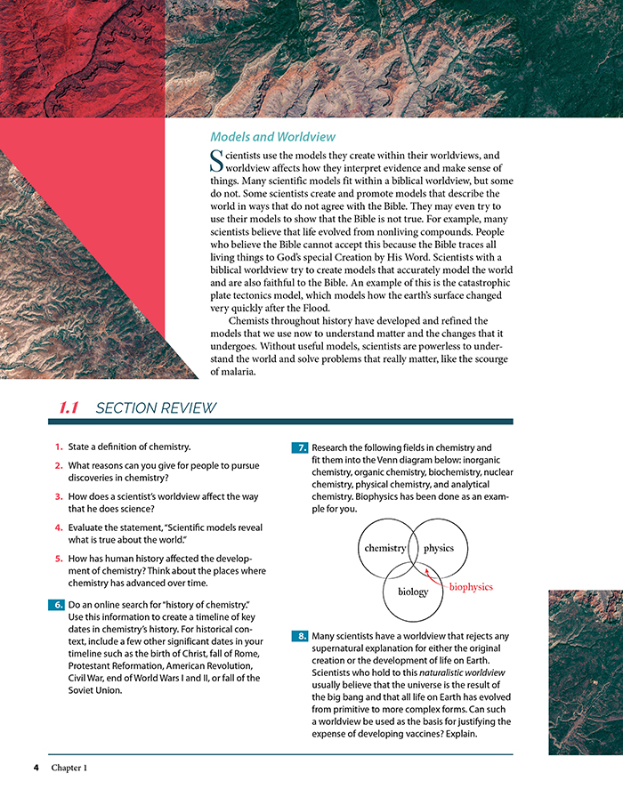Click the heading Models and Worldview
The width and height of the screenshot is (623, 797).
(x=272, y=137)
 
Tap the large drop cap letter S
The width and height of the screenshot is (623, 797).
(x=215, y=161)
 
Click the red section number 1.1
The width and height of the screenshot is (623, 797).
(x=69, y=408)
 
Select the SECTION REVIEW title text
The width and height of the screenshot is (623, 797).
(x=156, y=408)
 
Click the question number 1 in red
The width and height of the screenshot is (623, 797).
(x=58, y=447)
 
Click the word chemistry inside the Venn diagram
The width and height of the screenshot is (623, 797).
(x=385, y=548)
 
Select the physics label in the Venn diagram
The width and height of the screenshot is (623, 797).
(x=439, y=548)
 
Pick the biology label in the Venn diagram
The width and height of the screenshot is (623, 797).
(x=412, y=592)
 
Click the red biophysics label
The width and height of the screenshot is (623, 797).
(x=471, y=587)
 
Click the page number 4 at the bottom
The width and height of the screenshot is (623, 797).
(x=36, y=767)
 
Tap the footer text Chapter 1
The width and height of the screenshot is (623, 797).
(x=69, y=767)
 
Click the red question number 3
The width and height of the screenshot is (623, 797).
(x=58, y=496)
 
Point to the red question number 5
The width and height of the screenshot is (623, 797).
(x=58, y=559)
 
